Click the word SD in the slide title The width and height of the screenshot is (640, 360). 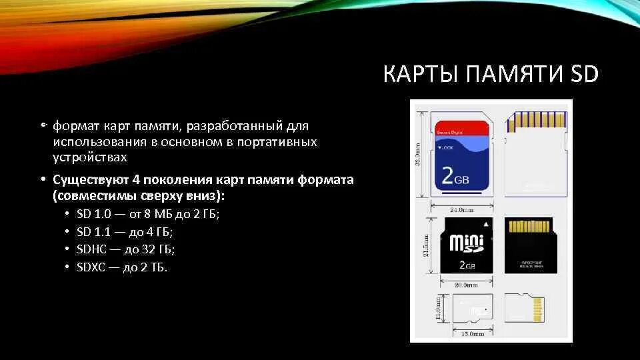(x=584, y=74)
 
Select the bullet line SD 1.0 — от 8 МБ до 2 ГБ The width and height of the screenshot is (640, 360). (x=147, y=215)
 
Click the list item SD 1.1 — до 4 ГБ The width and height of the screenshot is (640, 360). (x=125, y=232)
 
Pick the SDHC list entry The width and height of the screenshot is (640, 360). (x=125, y=249)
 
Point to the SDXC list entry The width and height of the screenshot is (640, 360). (x=123, y=267)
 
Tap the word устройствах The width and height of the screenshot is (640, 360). (x=90, y=158)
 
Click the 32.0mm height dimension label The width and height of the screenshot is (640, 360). (x=418, y=157)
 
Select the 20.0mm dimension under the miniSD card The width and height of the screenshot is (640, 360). (x=466, y=285)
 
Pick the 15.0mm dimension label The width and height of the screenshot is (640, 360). (x=473, y=334)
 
